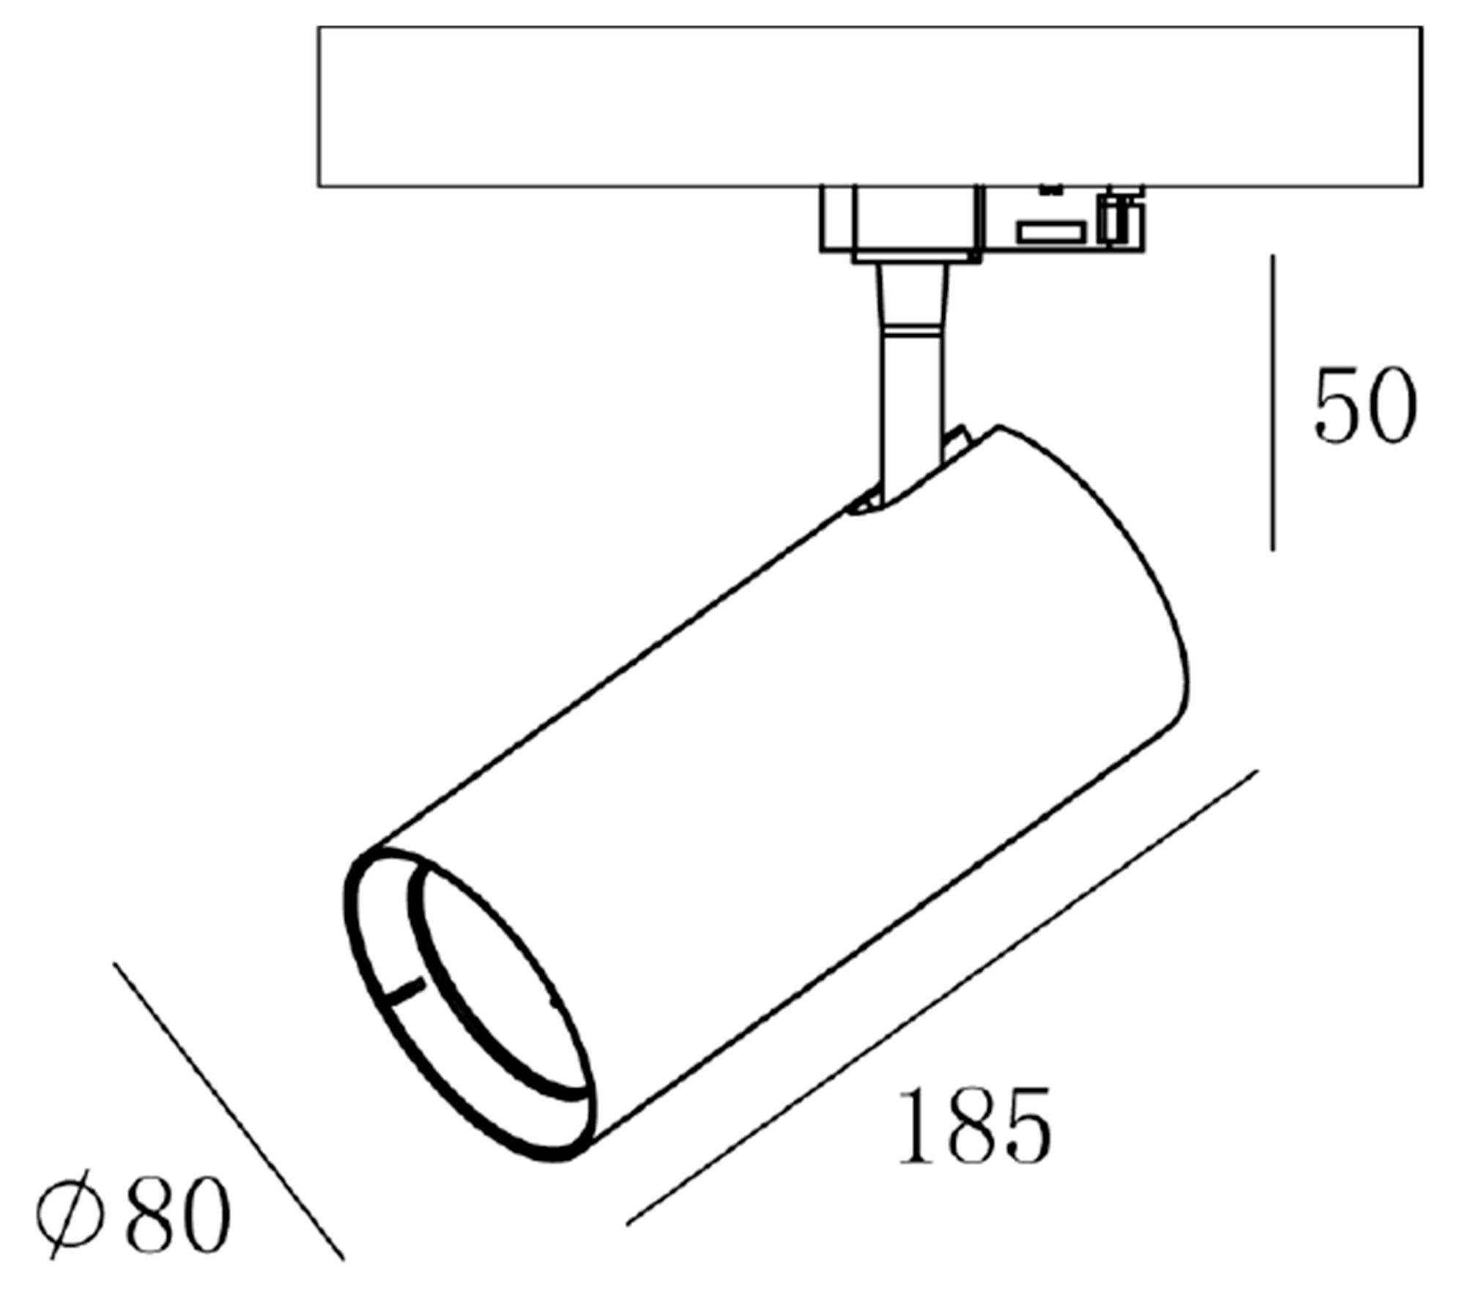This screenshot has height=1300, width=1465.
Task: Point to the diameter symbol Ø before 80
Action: pyautogui.click(x=67, y=1212)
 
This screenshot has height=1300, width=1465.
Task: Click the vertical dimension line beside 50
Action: pyautogui.click(x=1272, y=403)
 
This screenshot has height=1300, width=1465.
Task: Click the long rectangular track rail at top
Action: pyautogui.click(x=870, y=106)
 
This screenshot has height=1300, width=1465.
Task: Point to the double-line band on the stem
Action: pyautogui.click(x=912, y=333)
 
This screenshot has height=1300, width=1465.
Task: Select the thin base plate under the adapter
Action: pyautogui.click(x=916, y=257)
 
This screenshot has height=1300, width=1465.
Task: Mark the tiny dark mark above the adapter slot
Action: pyautogui.click(x=1051, y=190)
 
